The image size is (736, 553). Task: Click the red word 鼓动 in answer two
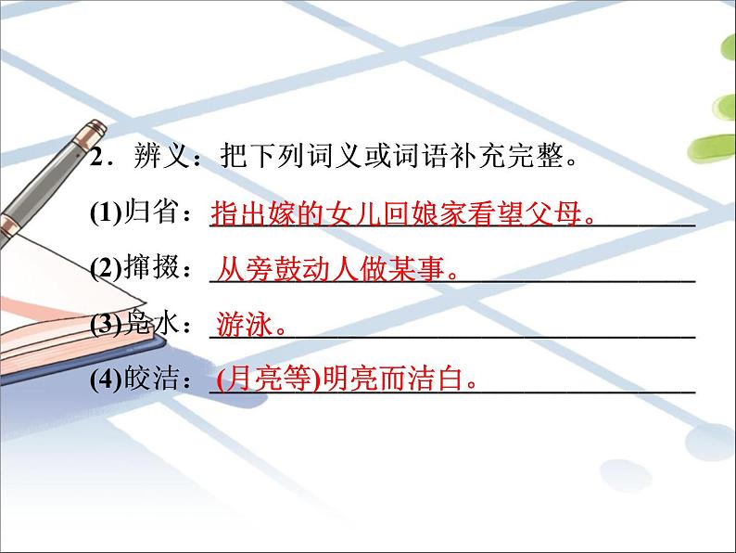[x=307, y=270]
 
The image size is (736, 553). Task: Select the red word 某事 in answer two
[x=422, y=270]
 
